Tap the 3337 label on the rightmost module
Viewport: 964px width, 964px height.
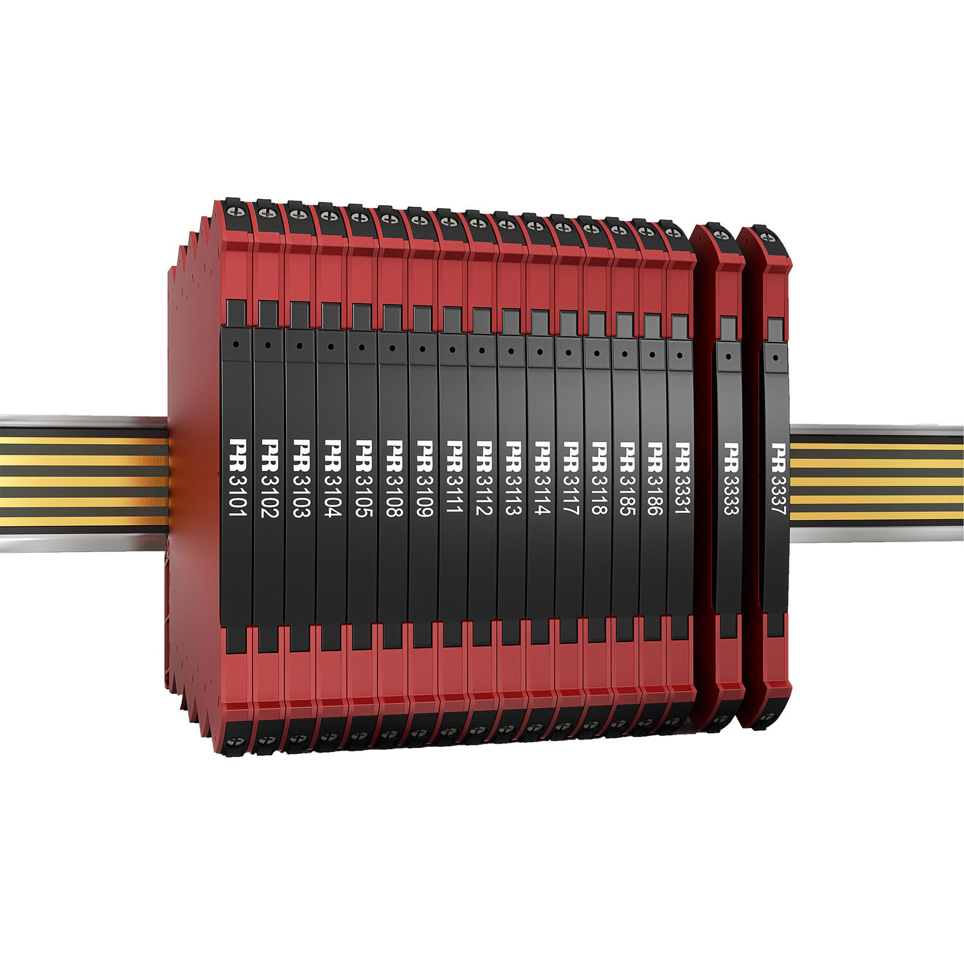coord(778,490)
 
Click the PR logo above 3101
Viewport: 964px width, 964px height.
coord(238,449)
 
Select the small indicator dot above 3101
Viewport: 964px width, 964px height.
coord(236,344)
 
